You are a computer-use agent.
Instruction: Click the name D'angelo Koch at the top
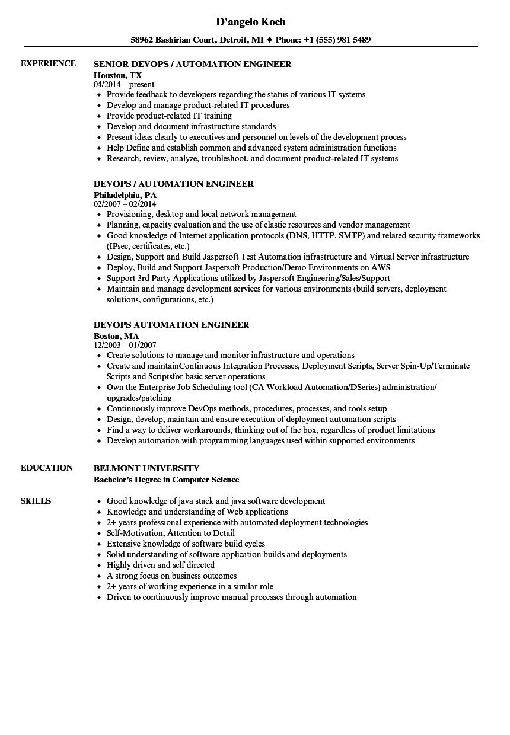(x=250, y=22)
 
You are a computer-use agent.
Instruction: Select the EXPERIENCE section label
(x=48, y=63)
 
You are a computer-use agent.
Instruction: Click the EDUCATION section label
(x=47, y=468)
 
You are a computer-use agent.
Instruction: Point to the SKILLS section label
(x=36, y=501)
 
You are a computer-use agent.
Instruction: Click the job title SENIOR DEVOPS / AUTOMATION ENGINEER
(x=192, y=64)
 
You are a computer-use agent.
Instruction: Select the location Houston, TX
(x=117, y=75)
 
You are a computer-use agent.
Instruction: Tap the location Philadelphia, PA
(x=125, y=194)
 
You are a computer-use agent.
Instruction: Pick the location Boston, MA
(x=116, y=335)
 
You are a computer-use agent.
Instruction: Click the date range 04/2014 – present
(x=124, y=85)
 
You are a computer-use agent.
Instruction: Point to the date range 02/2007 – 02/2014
(x=125, y=204)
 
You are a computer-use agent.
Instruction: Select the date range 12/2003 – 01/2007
(x=125, y=345)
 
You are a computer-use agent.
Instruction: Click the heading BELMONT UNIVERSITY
(x=146, y=468)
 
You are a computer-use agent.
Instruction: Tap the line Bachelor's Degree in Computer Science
(x=166, y=480)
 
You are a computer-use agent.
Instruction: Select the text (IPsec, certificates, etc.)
(x=148, y=246)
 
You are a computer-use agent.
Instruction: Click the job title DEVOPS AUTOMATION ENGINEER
(x=171, y=325)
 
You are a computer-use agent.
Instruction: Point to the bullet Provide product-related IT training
(x=169, y=116)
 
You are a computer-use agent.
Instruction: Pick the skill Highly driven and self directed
(x=160, y=565)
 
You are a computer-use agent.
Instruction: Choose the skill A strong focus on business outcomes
(x=171, y=576)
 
